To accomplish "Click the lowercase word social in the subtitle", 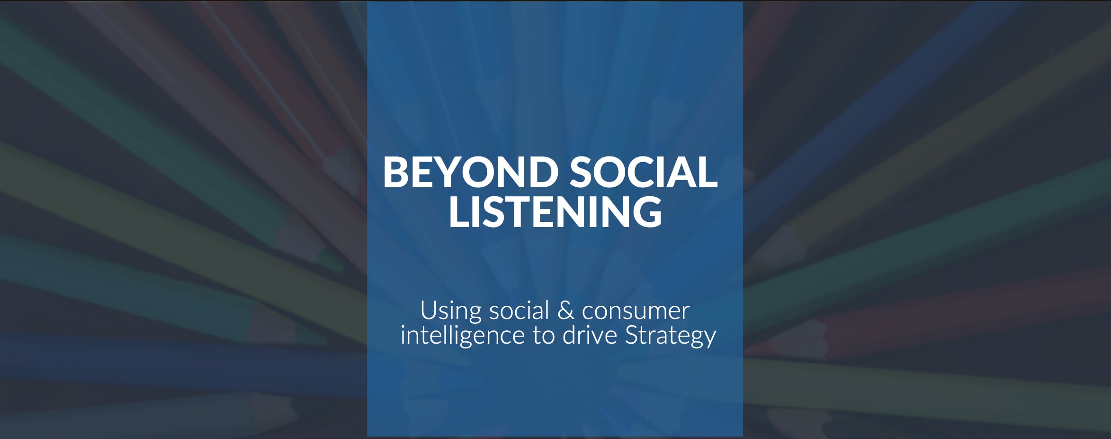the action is pyautogui.click(x=519, y=311).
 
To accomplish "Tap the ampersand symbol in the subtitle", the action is pyautogui.click(x=565, y=311).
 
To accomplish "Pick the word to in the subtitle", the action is pyautogui.click(x=544, y=337).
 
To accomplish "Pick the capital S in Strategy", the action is pyautogui.click(x=632, y=335).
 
